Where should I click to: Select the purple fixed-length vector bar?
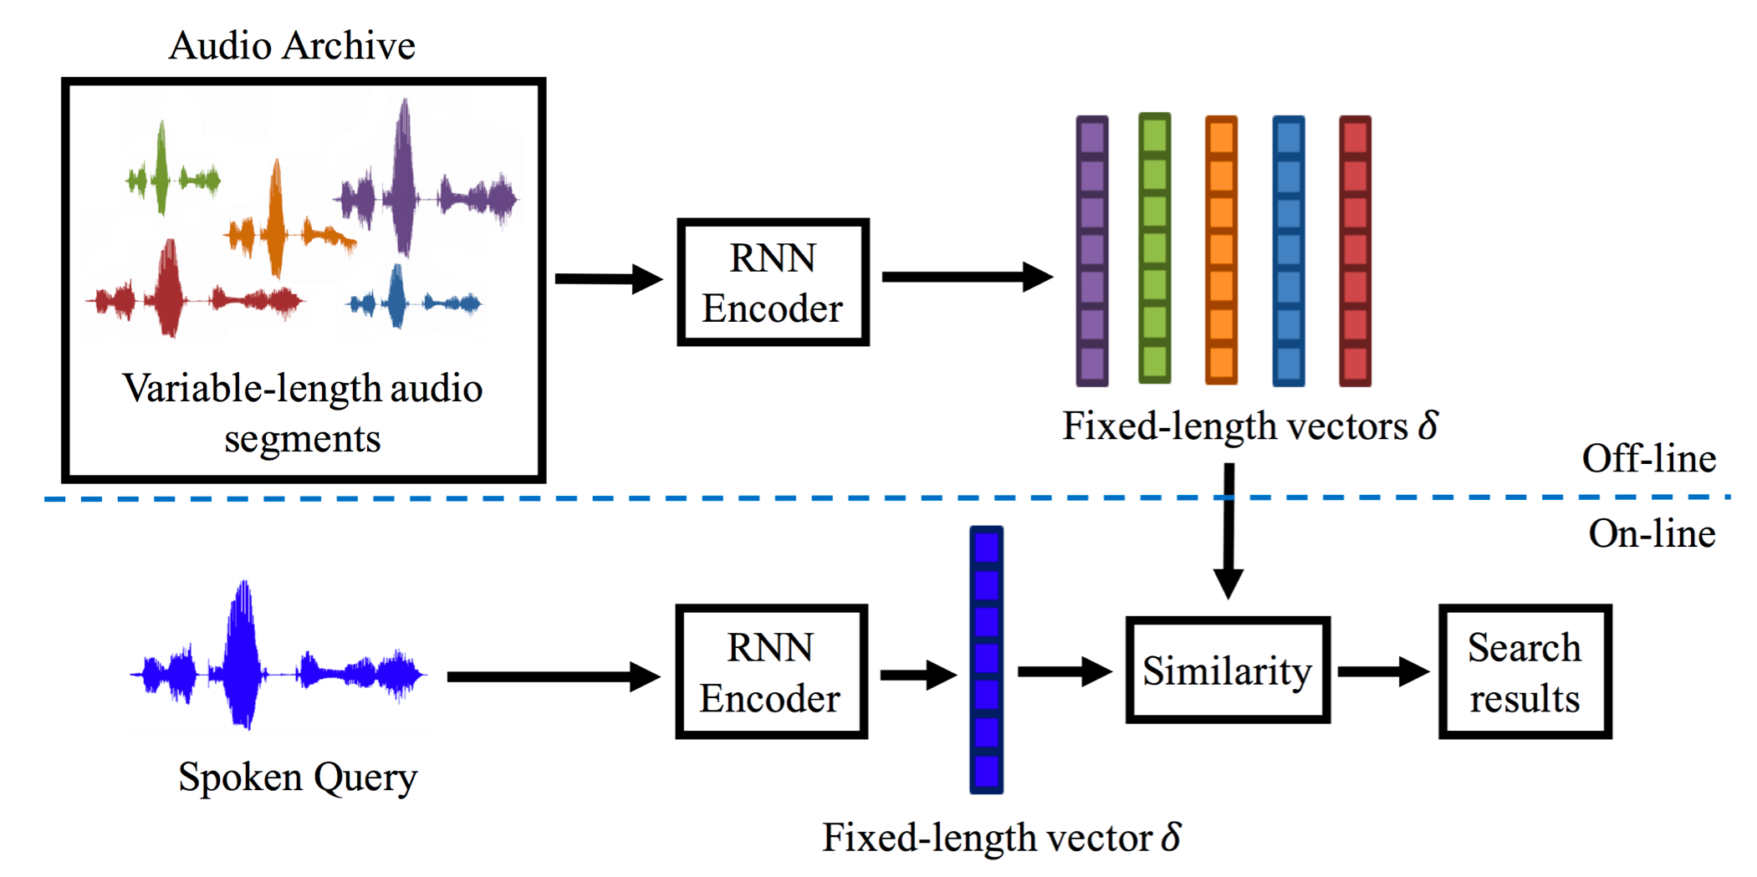click(x=1091, y=251)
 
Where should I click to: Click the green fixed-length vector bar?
click(x=1154, y=248)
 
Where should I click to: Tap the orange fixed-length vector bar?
click(x=1221, y=251)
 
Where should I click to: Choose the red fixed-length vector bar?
click(x=1355, y=251)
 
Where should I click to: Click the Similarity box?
click(x=1227, y=670)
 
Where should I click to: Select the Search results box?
click(x=1525, y=671)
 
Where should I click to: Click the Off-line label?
click(x=1648, y=458)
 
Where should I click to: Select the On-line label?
click(x=1652, y=533)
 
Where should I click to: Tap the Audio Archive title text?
click(x=292, y=45)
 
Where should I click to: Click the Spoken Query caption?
click(x=298, y=778)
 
